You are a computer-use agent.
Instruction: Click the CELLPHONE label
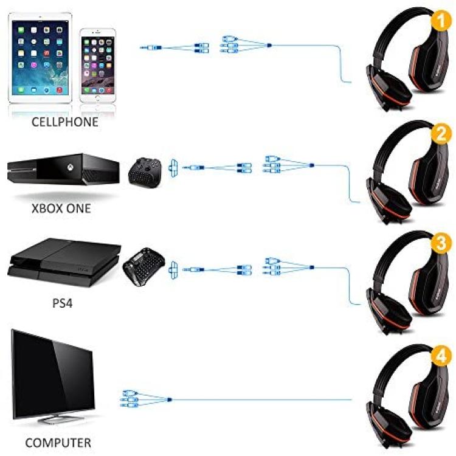point(64,122)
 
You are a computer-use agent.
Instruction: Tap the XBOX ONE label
point(61,209)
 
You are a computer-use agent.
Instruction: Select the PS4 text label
point(63,303)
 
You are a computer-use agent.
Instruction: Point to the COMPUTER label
point(58,443)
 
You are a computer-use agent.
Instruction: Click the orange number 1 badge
point(441,20)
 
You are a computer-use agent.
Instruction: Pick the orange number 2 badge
point(441,134)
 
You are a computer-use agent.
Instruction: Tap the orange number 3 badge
point(441,242)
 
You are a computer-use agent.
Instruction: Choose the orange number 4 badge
point(441,355)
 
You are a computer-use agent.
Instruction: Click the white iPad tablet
point(40,58)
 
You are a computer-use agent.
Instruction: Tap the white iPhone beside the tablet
point(98,65)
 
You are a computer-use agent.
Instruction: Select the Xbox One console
point(63,169)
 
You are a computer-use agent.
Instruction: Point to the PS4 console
point(64,262)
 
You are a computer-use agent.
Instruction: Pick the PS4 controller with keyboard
point(143,266)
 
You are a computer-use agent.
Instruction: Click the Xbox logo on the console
point(70,167)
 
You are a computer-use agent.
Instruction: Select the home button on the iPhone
point(98,98)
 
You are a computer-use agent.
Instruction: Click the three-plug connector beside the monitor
point(146,399)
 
